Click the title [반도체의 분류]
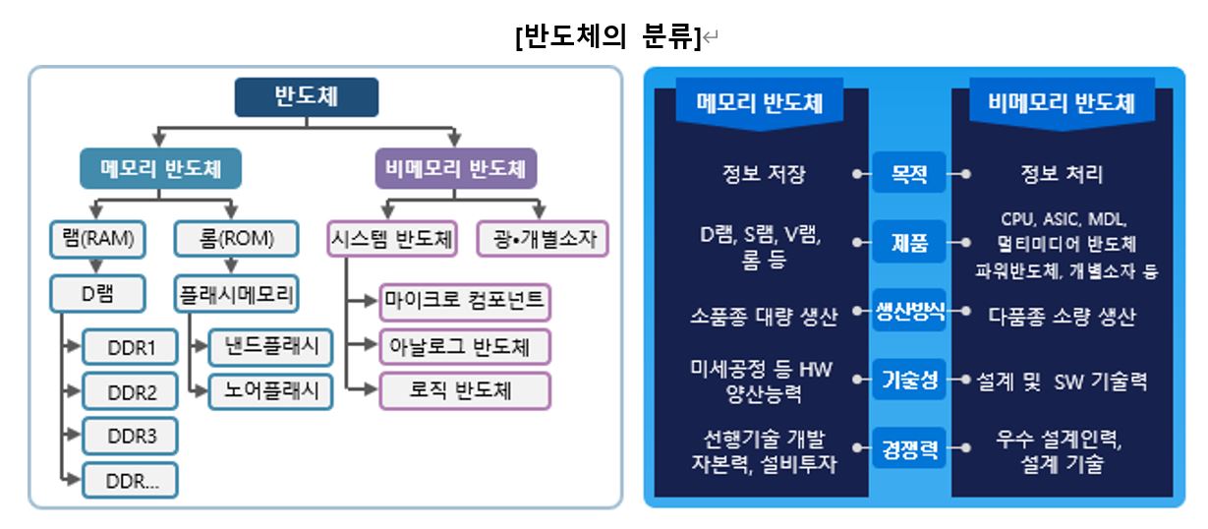click(x=606, y=37)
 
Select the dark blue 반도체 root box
click(x=306, y=97)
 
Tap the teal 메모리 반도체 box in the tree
click(x=160, y=168)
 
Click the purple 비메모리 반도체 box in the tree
click(x=456, y=168)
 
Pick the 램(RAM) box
click(x=92, y=239)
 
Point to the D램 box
click(x=97, y=293)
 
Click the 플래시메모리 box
click(x=237, y=293)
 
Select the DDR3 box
click(x=130, y=436)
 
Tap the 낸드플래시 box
click(x=270, y=347)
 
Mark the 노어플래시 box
click(x=270, y=391)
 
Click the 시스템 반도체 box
click(x=390, y=239)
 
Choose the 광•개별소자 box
click(x=542, y=239)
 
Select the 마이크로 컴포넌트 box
click(x=465, y=301)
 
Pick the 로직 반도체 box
click(x=465, y=390)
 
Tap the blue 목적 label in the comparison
click(x=908, y=174)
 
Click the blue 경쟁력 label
click(x=908, y=450)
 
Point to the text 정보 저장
click(x=763, y=174)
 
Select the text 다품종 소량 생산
click(x=1062, y=316)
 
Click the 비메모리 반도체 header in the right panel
click(x=1062, y=103)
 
